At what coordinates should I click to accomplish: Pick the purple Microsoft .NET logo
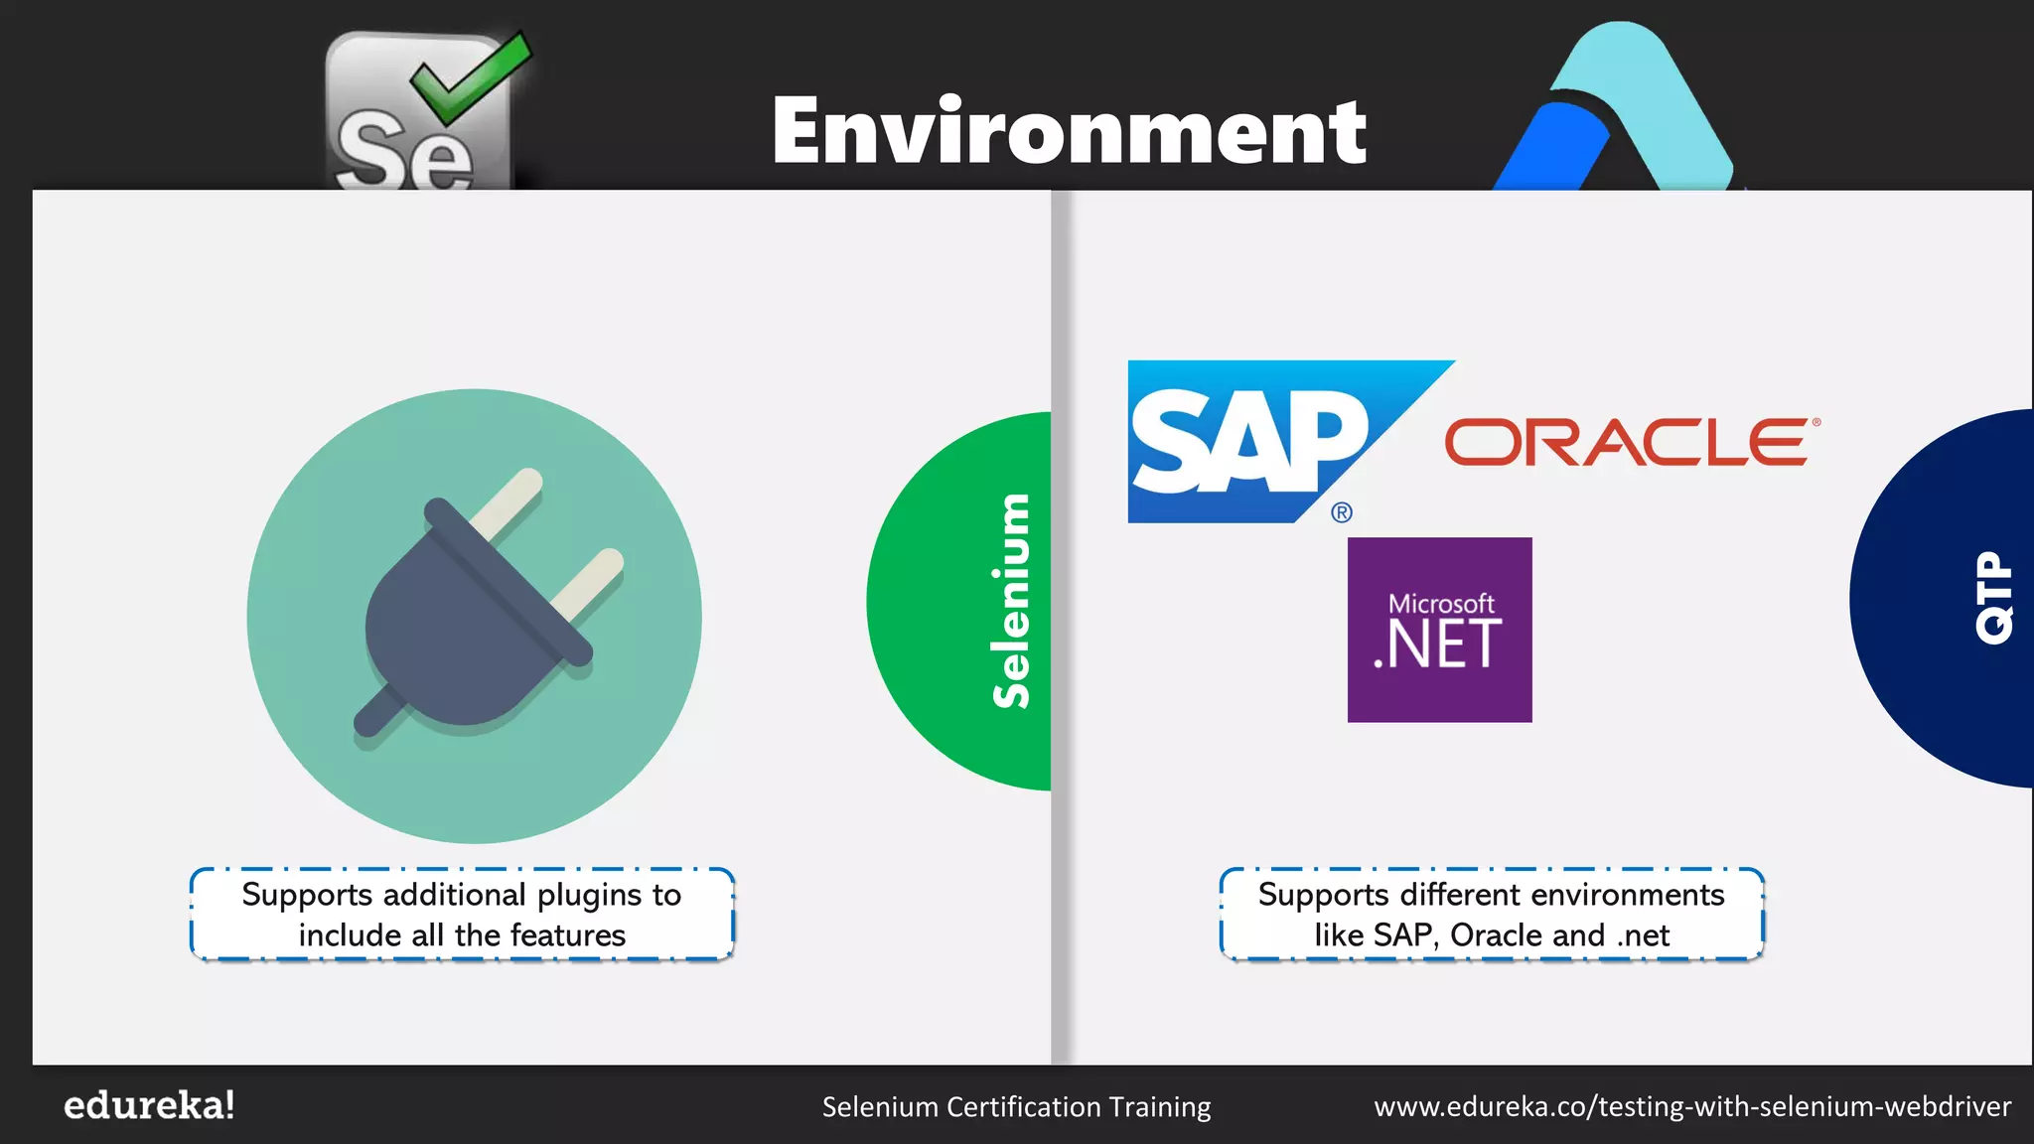point(1439,630)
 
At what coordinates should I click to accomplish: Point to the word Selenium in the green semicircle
point(1011,601)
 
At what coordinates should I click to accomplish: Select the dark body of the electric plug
point(457,626)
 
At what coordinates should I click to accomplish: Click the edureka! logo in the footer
point(149,1105)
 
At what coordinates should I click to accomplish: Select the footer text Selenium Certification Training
point(1016,1106)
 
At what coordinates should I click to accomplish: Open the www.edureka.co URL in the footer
point(1692,1106)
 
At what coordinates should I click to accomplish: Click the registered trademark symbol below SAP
point(1341,512)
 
